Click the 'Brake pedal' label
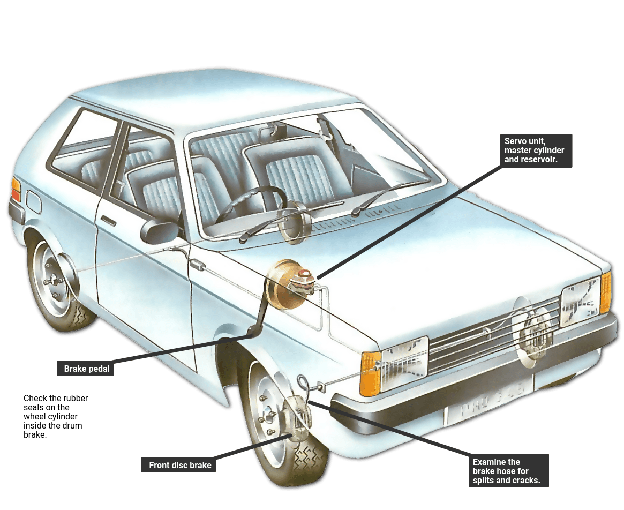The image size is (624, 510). (x=86, y=368)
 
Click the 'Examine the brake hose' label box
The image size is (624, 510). (x=509, y=471)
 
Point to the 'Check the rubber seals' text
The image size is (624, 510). (x=55, y=416)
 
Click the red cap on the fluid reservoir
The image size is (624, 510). (x=304, y=273)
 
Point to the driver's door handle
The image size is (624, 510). (x=108, y=220)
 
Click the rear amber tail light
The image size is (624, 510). (x=16, y=190)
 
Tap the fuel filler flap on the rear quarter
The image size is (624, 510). (x=33, y=201)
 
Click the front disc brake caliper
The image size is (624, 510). (x=298, y=418)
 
